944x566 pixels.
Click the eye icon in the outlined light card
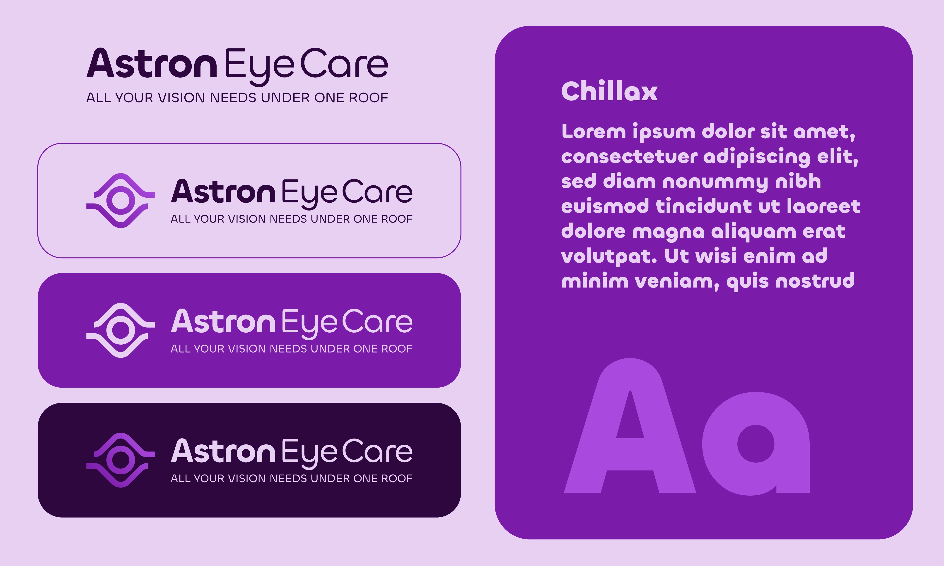[121, 201]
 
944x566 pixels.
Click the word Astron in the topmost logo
[152, 63]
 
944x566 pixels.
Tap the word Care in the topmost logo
[344, 63]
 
